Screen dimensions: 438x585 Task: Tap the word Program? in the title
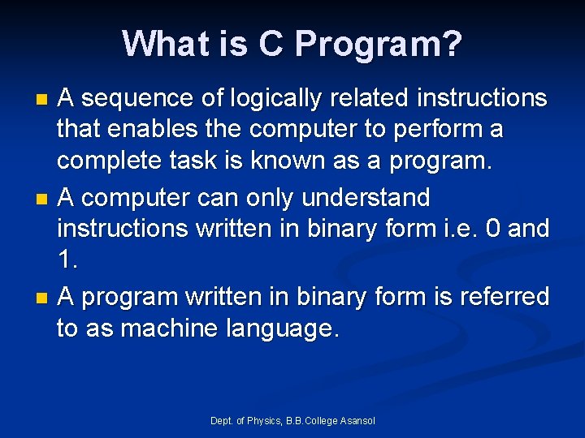click(x=379, y=44)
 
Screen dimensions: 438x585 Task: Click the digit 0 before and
click(x=492, y=229)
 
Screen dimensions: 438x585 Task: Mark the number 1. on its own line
click(x=67, y=260)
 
